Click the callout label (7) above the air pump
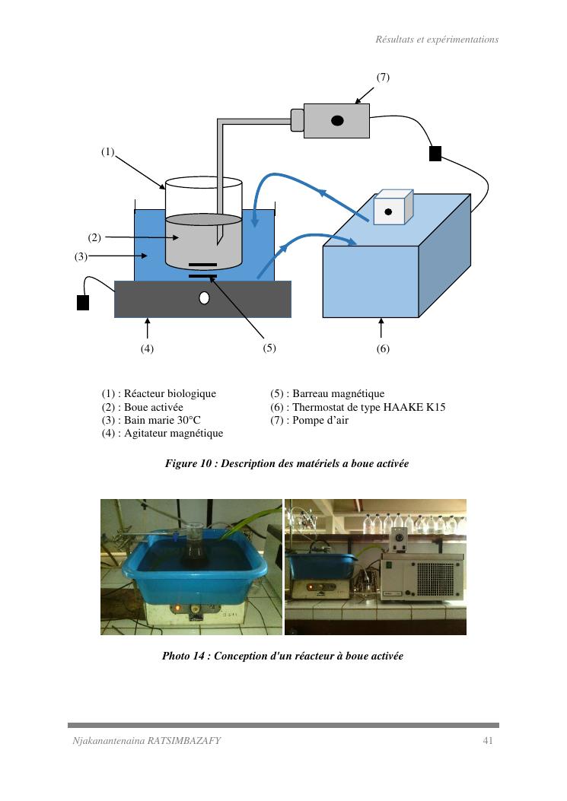click(x=383, y=78)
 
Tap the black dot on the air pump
click(x=336, y=120)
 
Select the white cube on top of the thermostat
click(x=392, y=208)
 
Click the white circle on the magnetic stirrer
click(x=204, y=298)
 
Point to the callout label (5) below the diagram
click(x=269, y=348)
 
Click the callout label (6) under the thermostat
click(x=383, y=349)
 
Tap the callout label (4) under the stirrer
click(x=147, y=349)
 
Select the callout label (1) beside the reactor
click(x=107, y=151)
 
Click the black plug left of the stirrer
click(x=83, y=303)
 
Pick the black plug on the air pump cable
click(x=435, y=154)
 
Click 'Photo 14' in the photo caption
click(x=183, y=656)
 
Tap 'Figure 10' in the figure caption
click(x=188, y=463)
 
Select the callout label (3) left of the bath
click(x=81, y=256)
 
